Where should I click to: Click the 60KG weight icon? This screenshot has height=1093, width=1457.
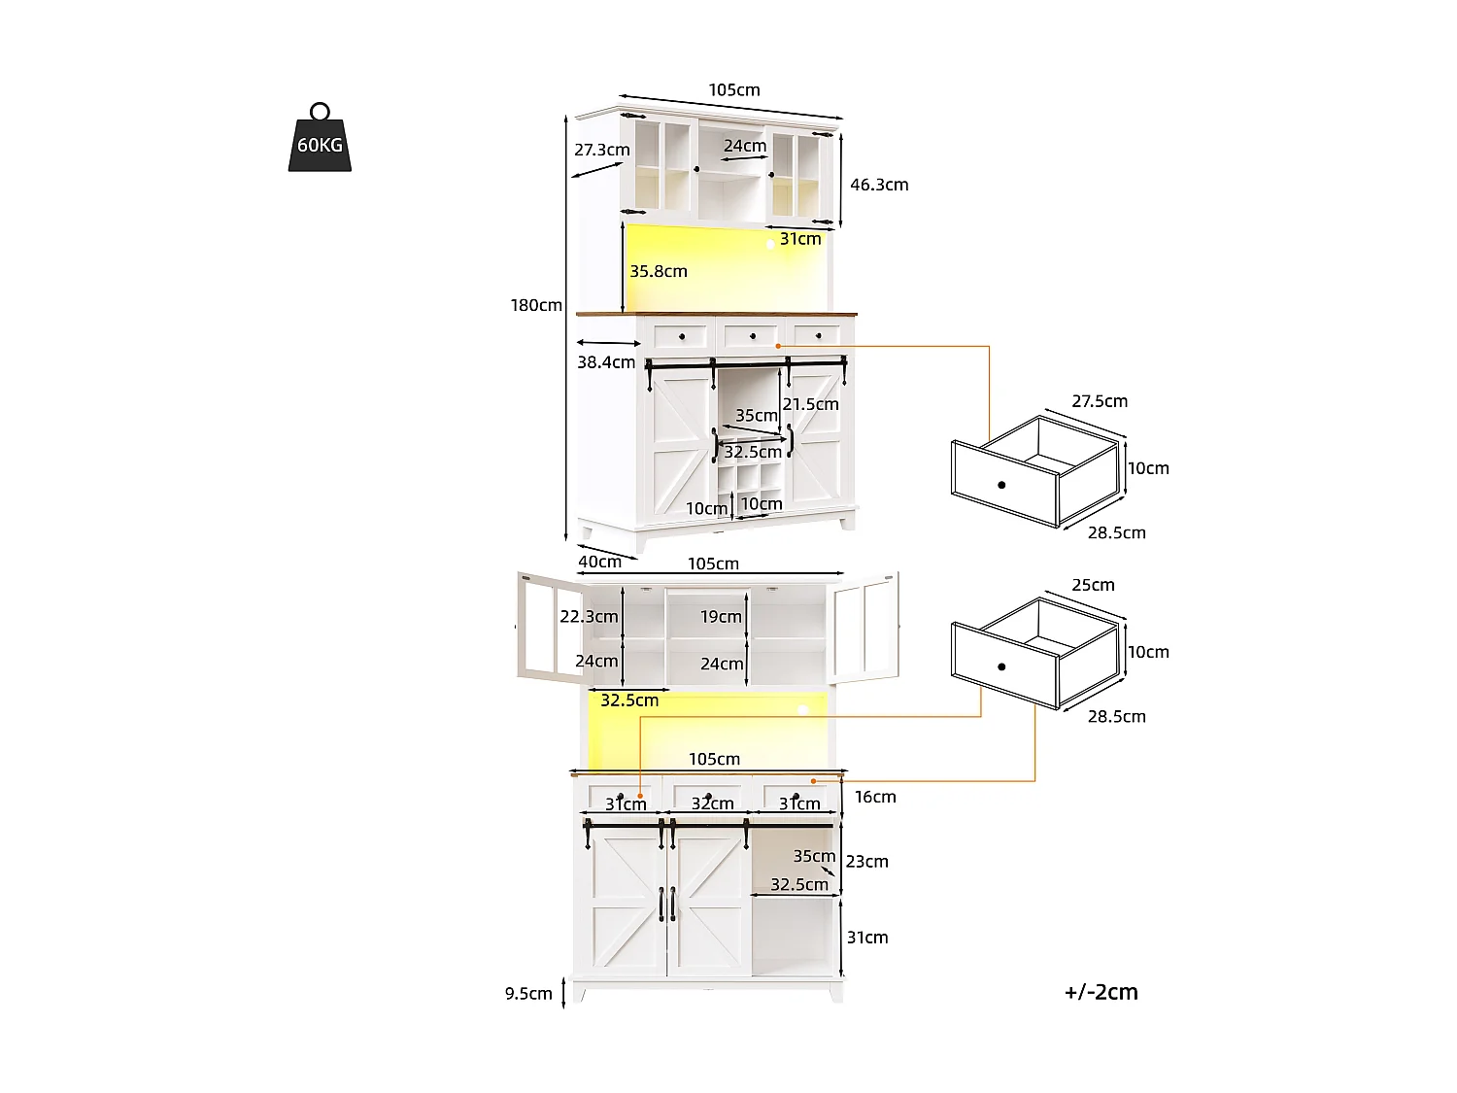pos(320,140)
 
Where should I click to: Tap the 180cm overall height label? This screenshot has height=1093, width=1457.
pos(536,305)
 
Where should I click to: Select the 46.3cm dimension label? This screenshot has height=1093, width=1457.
pos(879,185)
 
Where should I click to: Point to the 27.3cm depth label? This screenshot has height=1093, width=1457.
pos(601,150)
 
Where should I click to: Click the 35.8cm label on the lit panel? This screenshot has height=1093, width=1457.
pos(658,271)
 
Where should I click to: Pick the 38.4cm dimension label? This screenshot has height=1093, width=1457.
pos(605,362)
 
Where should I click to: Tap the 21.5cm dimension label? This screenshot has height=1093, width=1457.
pos(810,404)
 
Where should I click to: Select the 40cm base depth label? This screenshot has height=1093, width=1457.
pos(599,562)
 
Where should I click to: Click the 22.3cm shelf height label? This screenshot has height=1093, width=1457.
pos(589,616)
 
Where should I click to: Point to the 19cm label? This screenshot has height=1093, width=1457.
pos(721,616)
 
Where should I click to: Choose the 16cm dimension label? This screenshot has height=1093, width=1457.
pos(875,797)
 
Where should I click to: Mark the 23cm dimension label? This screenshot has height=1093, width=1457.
pos(866,861)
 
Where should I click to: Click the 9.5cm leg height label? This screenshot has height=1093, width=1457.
pos(528,993)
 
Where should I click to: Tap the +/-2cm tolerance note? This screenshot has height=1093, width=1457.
pos(1101,992)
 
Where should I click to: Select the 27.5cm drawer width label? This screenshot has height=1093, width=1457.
pos(1100,401)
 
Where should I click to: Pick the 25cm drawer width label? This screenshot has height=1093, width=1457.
pos(1093,585)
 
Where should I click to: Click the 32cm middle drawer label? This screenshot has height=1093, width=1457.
pos(712,803)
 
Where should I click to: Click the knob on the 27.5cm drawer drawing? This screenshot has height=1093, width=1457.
pos(1001,485)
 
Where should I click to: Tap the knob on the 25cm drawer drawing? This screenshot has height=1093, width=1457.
pos(1001,666)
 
